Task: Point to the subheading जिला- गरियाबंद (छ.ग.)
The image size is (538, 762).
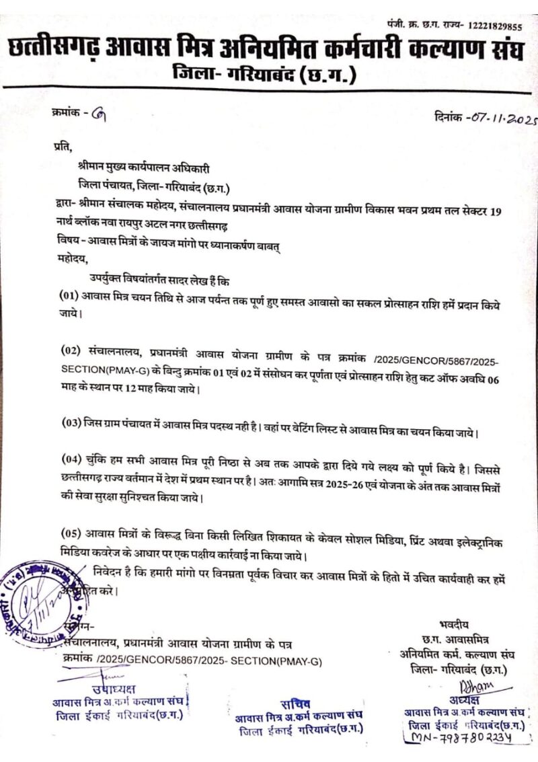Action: (x=264, y=71)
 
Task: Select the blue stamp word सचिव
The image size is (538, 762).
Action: (x=292, y=703)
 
